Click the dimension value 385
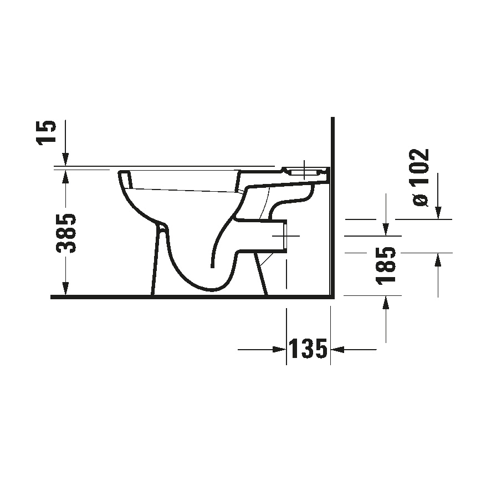(x=67, y=232)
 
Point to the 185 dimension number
(x=386, y=267)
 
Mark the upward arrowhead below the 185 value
(x=385, y=302)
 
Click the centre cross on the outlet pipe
(x=286, y=236)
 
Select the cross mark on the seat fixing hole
(x=304, y=170)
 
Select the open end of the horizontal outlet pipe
(x=285, y=236)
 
